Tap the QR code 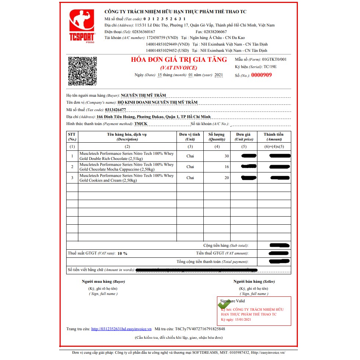tap(82, 71)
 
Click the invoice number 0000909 tap(261, 75)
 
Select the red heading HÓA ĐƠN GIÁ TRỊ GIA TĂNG tap(179, 60)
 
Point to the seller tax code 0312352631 tap(164, 19)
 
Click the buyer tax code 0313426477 tap(115, 110)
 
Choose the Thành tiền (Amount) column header tap(274, 137)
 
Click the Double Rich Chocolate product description tap(127, 156)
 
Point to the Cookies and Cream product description tap(127, 178)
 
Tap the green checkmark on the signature tap(224, 304)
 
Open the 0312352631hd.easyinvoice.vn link tap(121, 329)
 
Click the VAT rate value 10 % tap(122, 253)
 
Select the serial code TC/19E tap(270, 67)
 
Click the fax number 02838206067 tap(214, 32)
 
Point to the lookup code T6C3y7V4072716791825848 tap(200, 329)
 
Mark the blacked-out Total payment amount tap(279, 261)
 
